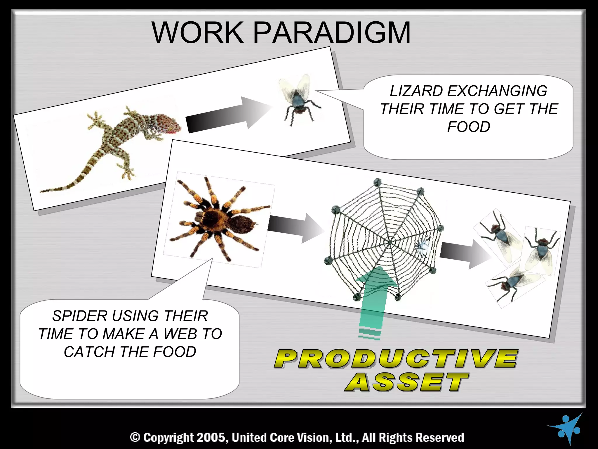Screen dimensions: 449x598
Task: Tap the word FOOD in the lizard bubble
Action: pyautogui.click(x=468, y=127)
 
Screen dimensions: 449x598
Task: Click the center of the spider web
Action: pyautogui.click(x=390, y=242)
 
